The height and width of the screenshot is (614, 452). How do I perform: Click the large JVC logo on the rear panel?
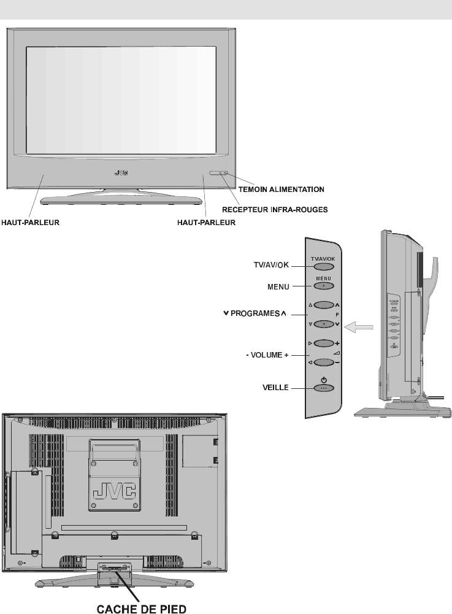click(x=115, y=491)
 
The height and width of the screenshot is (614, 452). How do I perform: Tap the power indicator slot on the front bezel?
click(x=218, y=174)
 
